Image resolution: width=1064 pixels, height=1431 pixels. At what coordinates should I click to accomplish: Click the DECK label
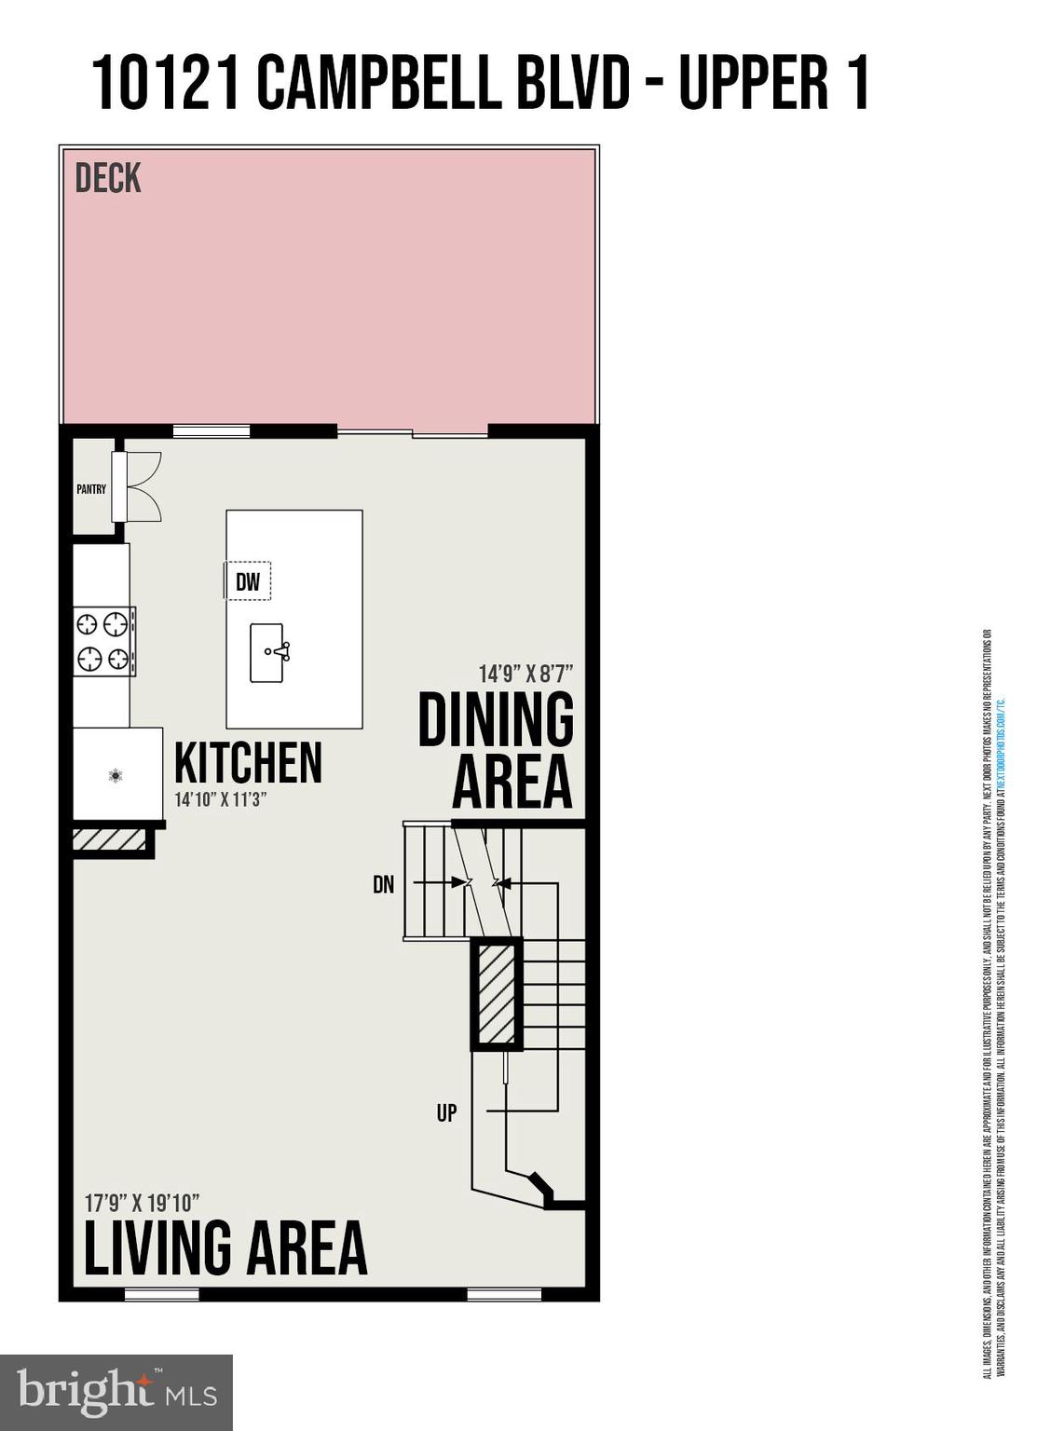108,178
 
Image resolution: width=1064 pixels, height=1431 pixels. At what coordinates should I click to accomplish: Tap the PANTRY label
91,489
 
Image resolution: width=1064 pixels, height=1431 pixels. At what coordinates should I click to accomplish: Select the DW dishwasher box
248,582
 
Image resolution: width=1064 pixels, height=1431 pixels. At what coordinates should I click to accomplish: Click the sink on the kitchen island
268,652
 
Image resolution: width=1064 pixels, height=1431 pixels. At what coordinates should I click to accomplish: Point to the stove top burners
103,641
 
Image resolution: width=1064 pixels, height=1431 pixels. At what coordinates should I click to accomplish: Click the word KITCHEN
248,763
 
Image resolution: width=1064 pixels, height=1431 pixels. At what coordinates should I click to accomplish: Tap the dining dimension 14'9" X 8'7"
525,673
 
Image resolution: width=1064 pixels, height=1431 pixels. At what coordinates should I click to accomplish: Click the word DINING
496,720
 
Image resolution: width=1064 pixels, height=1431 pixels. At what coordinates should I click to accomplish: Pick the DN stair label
384,884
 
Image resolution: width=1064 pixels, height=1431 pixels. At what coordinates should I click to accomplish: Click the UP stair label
447,1112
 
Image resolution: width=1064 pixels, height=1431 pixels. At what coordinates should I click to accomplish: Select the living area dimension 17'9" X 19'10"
143,1203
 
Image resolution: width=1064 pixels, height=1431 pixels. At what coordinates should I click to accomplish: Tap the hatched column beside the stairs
497,993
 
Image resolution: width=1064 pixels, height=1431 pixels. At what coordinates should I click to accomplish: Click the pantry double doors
144,486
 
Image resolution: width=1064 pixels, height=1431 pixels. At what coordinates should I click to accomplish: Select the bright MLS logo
116,1392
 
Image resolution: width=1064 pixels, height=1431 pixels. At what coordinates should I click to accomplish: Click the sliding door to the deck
413,432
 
